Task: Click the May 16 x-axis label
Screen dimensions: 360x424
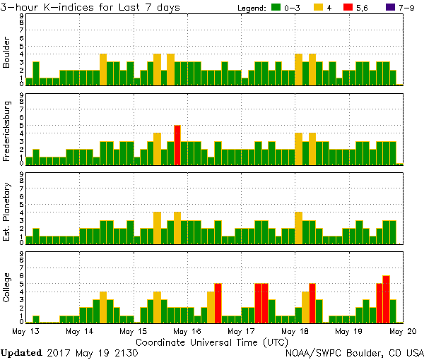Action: click(187, 330)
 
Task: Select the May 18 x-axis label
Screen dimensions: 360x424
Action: click(295, 330)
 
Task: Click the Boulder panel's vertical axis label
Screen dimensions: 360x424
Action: click(7, 54)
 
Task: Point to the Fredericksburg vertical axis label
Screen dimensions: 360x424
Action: click(7, 133)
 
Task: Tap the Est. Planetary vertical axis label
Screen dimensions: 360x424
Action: click(7, 212)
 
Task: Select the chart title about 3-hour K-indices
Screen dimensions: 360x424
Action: click(90, 7)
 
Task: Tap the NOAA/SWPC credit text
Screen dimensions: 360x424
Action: click(354, 352)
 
